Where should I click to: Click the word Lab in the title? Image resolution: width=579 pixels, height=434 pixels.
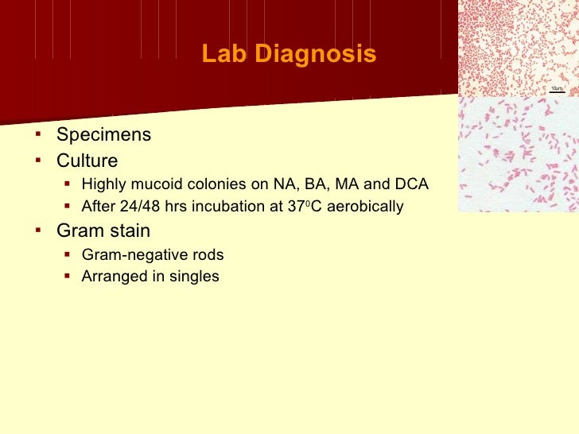[220, 55]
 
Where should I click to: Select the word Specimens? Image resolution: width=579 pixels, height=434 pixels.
[103, 135]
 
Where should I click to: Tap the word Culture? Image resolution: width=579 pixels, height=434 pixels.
[87, 161]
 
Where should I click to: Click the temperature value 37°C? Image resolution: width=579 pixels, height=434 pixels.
[305, 207]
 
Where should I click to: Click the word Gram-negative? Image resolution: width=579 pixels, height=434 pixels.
[132, 255]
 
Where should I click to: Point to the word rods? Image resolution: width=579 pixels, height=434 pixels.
[206, 255]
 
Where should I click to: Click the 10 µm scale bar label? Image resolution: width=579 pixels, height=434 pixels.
[556, 88]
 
